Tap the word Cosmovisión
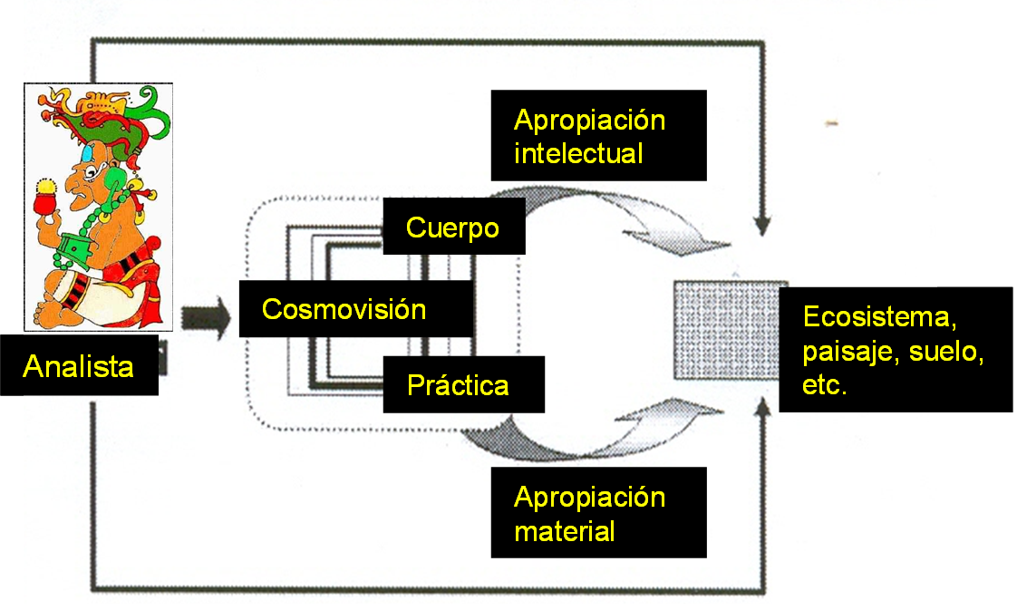coord(344,309)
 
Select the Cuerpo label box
coord(452,228)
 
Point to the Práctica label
coord(458,385)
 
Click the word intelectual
coord(578,153)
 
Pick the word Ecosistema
coord(880,318)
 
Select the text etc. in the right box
coord(824,387)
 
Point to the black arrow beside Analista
coord(205,318)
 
